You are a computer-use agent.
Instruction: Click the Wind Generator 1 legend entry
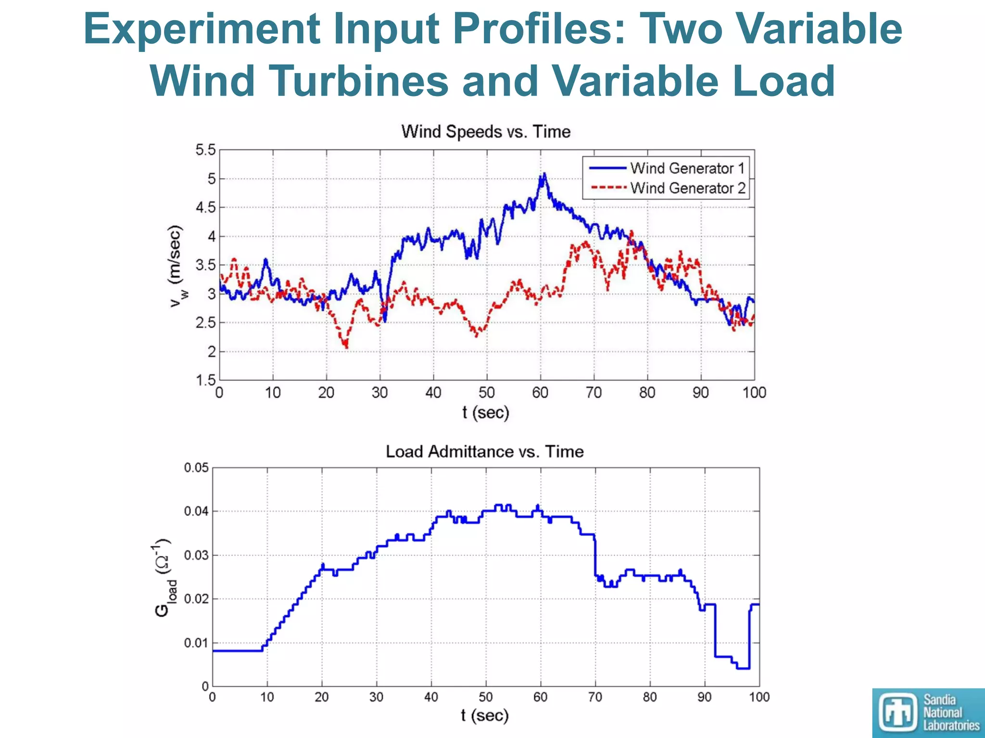pos(687,168)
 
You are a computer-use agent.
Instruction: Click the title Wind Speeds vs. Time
pos(486,132)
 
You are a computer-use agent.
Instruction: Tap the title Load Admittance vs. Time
pos(485,452)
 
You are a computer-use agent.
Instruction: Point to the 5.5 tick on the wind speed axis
pos(205,150)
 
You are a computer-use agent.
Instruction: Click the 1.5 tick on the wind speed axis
pos(205,381)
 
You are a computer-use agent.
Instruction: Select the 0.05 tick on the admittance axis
pos(196,467)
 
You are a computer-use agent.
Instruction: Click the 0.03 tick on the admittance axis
pos(196,555)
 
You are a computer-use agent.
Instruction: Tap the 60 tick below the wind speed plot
pos(540,393)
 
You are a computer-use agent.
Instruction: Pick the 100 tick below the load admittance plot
pos(759,697)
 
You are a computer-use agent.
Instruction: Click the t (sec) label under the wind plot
pos(486,412)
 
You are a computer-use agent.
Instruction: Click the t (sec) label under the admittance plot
pos(485,715)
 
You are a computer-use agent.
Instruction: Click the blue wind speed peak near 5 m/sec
pos(544,175)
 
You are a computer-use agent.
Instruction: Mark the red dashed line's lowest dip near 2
pos(346,345)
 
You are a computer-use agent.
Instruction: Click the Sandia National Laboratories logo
pos(928,713)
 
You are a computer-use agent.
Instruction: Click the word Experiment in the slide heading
pos(202,29)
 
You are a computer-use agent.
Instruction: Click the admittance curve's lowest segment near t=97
pos(743,668)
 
